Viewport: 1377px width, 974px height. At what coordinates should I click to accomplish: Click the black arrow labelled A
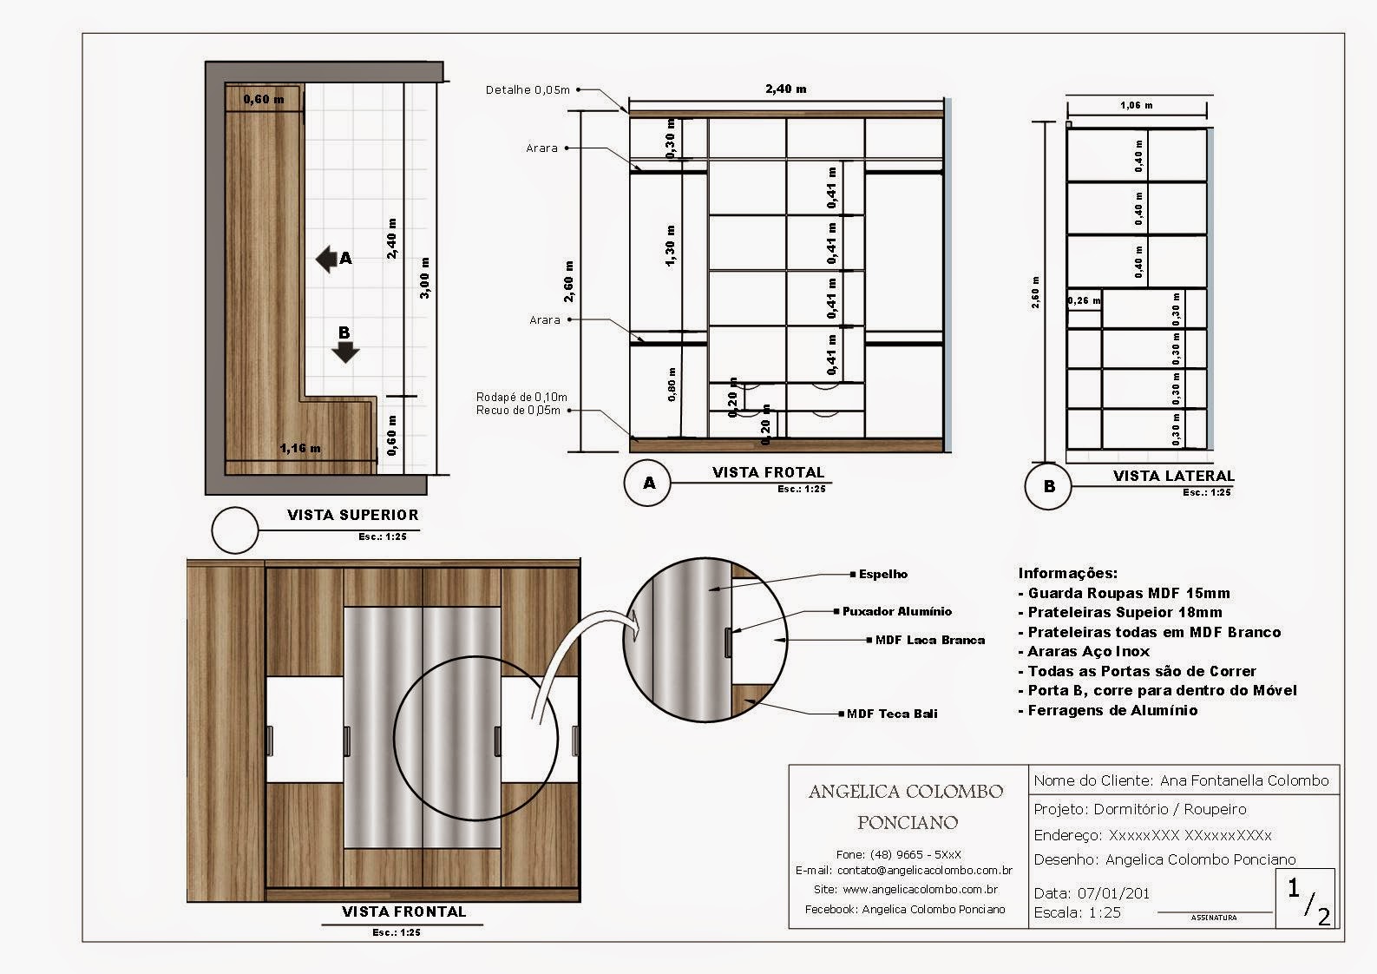[327, 259]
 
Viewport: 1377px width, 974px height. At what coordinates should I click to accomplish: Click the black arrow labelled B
[345, 350]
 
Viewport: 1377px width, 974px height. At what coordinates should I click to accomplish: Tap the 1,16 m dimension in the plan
[299, 449]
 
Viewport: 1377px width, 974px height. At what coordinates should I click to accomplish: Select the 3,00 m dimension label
[424, 278]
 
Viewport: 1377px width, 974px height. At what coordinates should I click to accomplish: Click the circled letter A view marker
[648, 484]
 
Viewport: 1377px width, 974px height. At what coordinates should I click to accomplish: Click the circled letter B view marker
[1049, 486]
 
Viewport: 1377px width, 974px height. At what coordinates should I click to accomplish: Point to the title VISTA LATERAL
[1173, 476]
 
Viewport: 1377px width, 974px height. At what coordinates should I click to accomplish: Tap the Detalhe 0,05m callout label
[528, 89]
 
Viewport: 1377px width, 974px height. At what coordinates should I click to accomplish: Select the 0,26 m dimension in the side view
[1084, 300]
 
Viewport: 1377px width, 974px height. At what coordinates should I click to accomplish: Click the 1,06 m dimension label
[1136, 105]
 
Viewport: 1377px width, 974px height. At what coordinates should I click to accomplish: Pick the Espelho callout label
[882, 574]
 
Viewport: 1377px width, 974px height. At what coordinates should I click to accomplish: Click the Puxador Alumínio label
[896, 611]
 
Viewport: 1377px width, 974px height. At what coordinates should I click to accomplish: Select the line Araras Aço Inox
[1088, 651]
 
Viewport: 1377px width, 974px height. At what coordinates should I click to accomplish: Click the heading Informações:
[1067, 573]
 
